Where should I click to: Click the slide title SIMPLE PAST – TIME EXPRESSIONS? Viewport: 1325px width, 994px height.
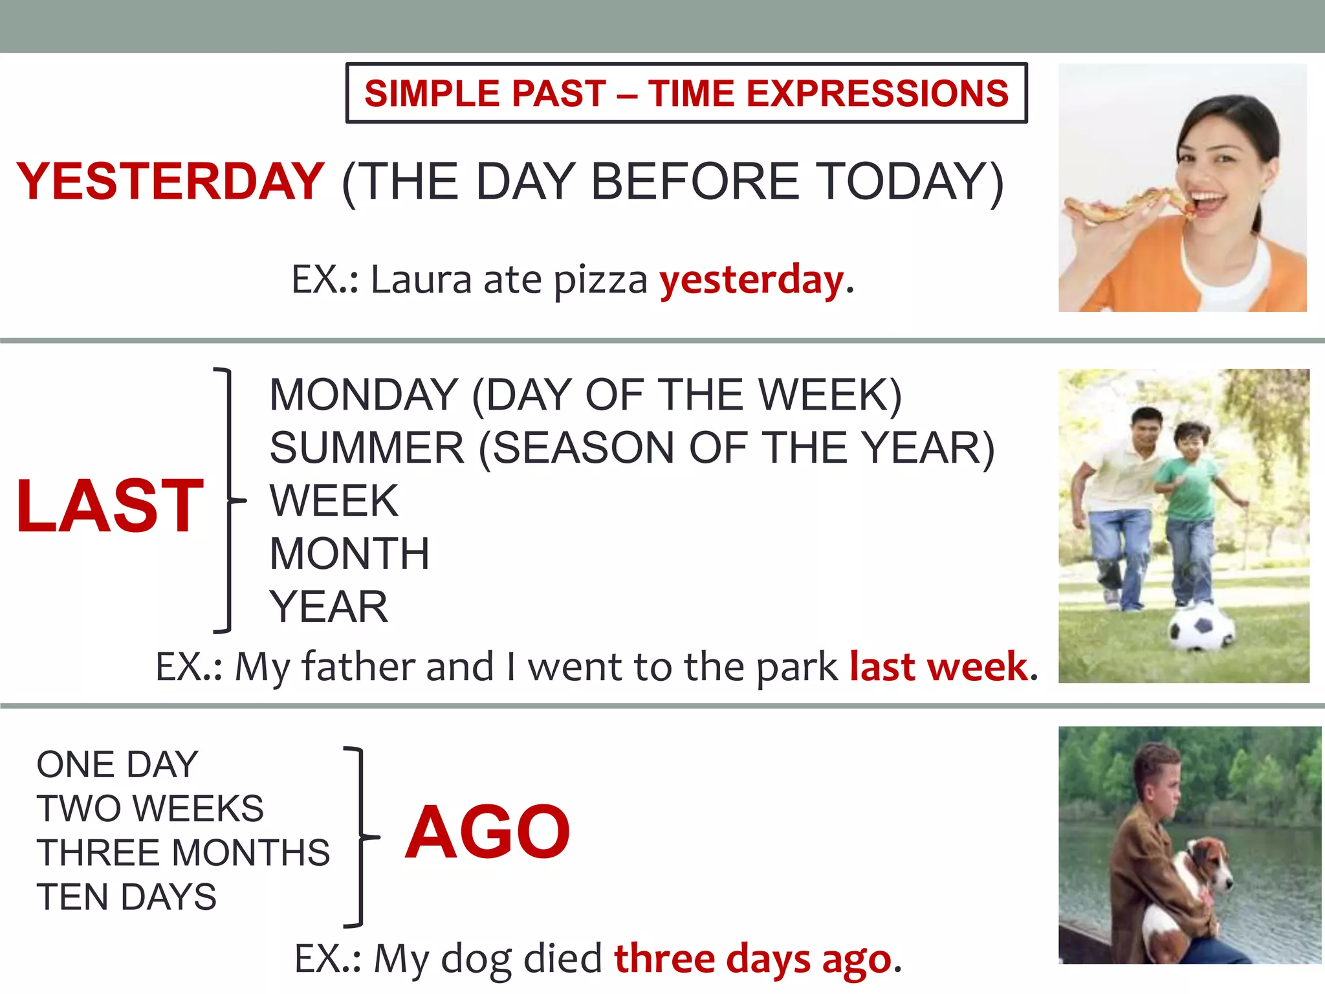point(686,93)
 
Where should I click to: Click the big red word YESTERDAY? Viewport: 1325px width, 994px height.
point(170,181)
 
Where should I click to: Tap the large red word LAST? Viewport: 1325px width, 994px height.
point(110,506)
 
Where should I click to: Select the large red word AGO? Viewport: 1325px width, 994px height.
point(488,832)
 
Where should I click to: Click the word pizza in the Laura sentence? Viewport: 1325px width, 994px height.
point(600,281)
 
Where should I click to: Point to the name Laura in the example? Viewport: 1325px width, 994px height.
point(421,280)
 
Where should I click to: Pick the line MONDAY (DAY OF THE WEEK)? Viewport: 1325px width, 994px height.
point(585,395)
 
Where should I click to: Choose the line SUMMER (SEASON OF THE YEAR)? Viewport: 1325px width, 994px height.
point(631,448)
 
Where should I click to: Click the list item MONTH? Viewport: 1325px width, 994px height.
point(349,554)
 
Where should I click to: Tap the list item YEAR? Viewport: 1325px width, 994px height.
point(329,607)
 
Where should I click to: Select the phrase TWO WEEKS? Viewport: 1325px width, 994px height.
point(150,809)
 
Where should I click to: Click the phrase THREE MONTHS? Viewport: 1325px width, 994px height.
point(183,853)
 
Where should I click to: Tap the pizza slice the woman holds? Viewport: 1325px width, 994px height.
point(1126,206)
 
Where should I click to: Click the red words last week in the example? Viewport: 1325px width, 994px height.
point(939,667)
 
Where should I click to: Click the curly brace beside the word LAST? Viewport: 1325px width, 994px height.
point(228,500)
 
